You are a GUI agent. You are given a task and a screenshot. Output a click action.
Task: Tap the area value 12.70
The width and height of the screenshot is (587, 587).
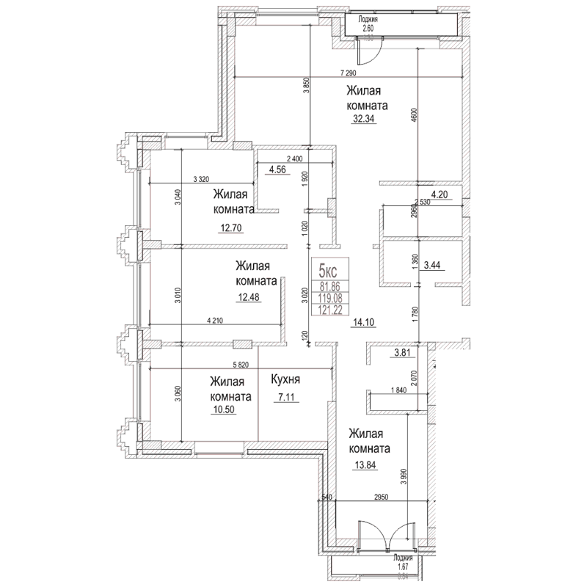pos(231,227)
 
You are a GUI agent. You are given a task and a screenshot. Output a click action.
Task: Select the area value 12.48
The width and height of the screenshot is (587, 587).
pos(249,298)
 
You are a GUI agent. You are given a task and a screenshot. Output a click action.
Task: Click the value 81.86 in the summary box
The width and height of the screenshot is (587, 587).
pos(329,285)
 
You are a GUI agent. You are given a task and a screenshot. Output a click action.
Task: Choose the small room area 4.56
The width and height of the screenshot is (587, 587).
pos(278,171)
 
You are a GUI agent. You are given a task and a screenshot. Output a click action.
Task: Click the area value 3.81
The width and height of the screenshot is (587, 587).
pos(402,352)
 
